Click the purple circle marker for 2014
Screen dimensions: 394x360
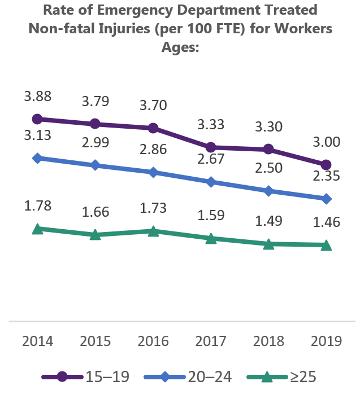click(x=37, y=119)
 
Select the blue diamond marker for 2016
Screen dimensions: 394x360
click(x=153, y=172)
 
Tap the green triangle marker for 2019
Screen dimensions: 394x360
click(x=326, y=245)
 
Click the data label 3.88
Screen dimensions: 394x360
click(x=37, y=97)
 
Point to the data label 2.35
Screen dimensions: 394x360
click(x=326, y=176)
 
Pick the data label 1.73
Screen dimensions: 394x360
click(x=153, y=207)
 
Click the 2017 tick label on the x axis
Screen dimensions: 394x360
click(x=211, y=342)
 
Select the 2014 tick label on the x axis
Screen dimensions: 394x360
click(x=37, y=342)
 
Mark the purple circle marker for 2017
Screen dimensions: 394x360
click(x=211, y=147)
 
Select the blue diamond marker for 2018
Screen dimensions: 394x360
click(x=268, y=191)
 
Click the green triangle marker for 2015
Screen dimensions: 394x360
click(x=95, y=234)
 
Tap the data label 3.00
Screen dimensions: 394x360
click(x=326, y=142)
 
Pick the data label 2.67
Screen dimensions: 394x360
click(x=211, y=159)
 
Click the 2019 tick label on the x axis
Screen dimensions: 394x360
click(x=326, y=342)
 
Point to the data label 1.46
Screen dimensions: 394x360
click(x=326, y=222)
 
